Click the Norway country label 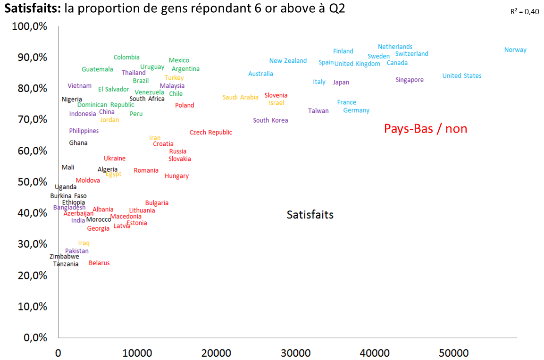515,50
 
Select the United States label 462,76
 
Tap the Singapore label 410,80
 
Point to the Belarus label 99,263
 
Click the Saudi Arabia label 241,98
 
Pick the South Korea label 270,121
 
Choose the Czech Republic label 211,133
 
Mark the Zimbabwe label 64,257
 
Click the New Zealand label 288,61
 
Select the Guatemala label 97,69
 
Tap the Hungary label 176,176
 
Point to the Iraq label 84,243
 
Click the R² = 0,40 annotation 525,12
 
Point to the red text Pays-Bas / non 426,128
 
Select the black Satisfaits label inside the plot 310,215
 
